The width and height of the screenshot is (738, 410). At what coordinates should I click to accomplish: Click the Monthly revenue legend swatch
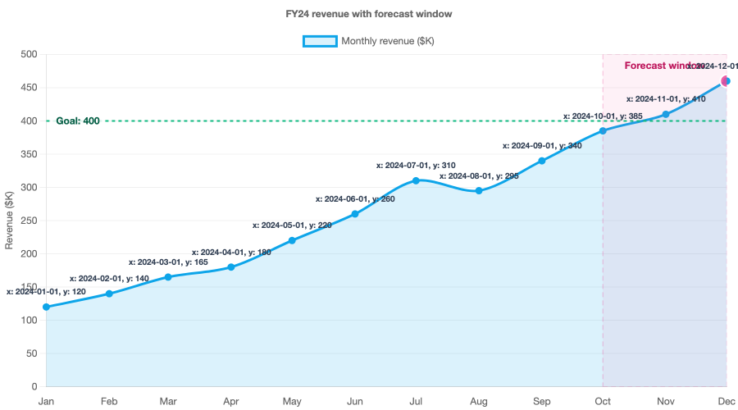point(320,41)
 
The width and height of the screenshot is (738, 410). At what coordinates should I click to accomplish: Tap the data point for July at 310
point(417,180)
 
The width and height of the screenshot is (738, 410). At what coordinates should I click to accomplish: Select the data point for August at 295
point(479,190)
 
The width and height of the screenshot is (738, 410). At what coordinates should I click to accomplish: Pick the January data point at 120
point(46,307)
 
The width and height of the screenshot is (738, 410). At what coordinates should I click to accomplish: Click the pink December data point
point(726,80)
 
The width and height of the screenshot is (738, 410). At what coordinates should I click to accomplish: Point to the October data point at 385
point(603,130)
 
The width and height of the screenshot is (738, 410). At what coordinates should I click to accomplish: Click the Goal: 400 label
point(78,121)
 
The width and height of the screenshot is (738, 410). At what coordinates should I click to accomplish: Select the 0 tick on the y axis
point(34,386)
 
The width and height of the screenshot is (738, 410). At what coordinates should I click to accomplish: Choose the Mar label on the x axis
point(168,402)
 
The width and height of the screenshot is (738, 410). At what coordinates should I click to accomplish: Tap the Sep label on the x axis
point(541,402)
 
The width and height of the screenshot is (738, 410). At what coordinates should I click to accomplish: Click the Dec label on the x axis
point(727,402)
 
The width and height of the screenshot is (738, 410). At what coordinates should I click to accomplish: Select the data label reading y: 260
point(355,198)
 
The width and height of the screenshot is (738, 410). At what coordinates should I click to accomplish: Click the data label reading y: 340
point(542,145)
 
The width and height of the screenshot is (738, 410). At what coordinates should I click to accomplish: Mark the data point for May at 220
point(293,240)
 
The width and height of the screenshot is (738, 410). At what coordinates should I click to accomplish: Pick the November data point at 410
point(665,114)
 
